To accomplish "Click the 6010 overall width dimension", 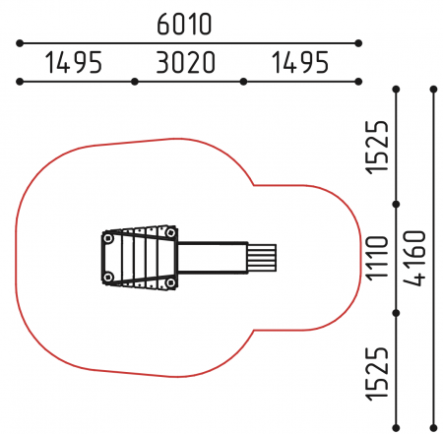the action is [184, 25].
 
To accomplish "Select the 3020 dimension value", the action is [186, 62].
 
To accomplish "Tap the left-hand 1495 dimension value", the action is [74, 62].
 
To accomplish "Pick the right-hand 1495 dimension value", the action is [300, 62].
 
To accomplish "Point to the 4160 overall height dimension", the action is [414, 258].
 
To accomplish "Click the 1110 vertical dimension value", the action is [377, 258].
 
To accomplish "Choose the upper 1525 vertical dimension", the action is [377, 148].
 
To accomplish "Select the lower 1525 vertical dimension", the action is [377, 373].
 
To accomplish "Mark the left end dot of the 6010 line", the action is [20, 43].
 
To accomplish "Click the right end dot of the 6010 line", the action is [358, 43].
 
